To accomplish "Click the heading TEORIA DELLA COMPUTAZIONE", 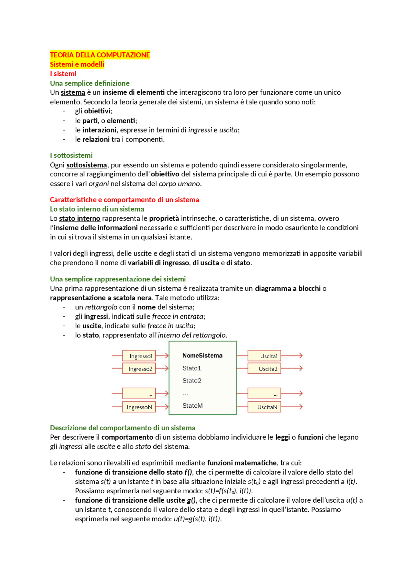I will pyautogui.click(x=100, y=55).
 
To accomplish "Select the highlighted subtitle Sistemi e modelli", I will pyautogui.click(x=77, y=64).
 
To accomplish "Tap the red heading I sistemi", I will pyautogui.click(x=63, y=74).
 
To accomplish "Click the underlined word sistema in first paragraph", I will pyautogui.click(x=73, y=92).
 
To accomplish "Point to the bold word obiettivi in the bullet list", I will pyautogui.click(x=97, y=111).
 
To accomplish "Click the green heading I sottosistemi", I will pyautogui.click(x=71, y=155).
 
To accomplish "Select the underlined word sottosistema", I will pyautogui.click(x=86, y=165).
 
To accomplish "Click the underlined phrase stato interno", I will pyautogui.click(x=80, y=218).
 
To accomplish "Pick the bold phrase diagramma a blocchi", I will pyautogui.click(x=288, y=288).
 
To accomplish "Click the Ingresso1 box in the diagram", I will pyautogui.click(x=139, y=356).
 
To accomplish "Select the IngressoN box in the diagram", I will pyautogui.click(x=139, y=407).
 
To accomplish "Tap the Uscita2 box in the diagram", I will pyautogui.click(x=264, y=369).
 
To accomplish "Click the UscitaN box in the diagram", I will pyautogui.click(x=264, y=407).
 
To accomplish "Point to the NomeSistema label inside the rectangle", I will pyautogui.click(x=202, y=356).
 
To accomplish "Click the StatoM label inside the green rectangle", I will pyautogui.click(x=192, y=406).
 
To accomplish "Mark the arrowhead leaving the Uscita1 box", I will pyautogui.click(x=300, y=356).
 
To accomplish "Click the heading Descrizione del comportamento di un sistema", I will pyautogui.click(x=123, y=428).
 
